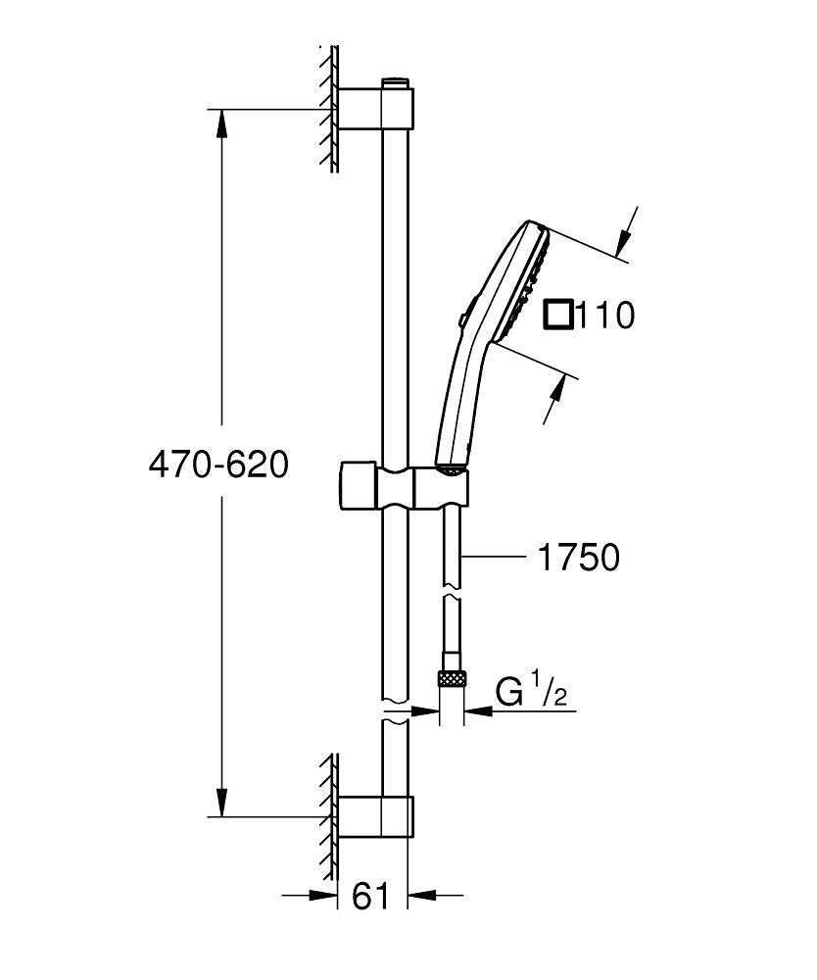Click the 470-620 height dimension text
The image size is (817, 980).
217,465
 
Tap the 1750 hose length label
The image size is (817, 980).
578,558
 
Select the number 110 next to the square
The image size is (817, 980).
604,316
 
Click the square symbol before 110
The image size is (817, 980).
558,316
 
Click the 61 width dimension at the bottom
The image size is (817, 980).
370,895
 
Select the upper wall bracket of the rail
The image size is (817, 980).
376,109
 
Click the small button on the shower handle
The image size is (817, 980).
461,318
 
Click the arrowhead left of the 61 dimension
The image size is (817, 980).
323,895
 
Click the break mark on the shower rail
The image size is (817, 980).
396,712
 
